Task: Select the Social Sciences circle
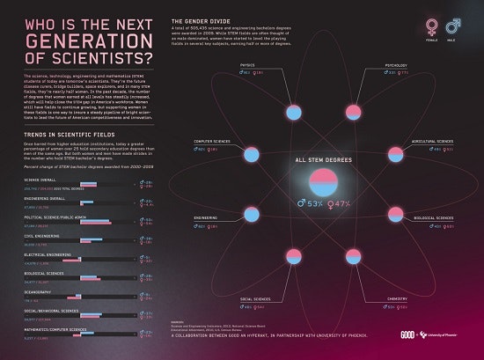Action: (249, 286)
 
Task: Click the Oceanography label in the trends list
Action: (36, 292)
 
